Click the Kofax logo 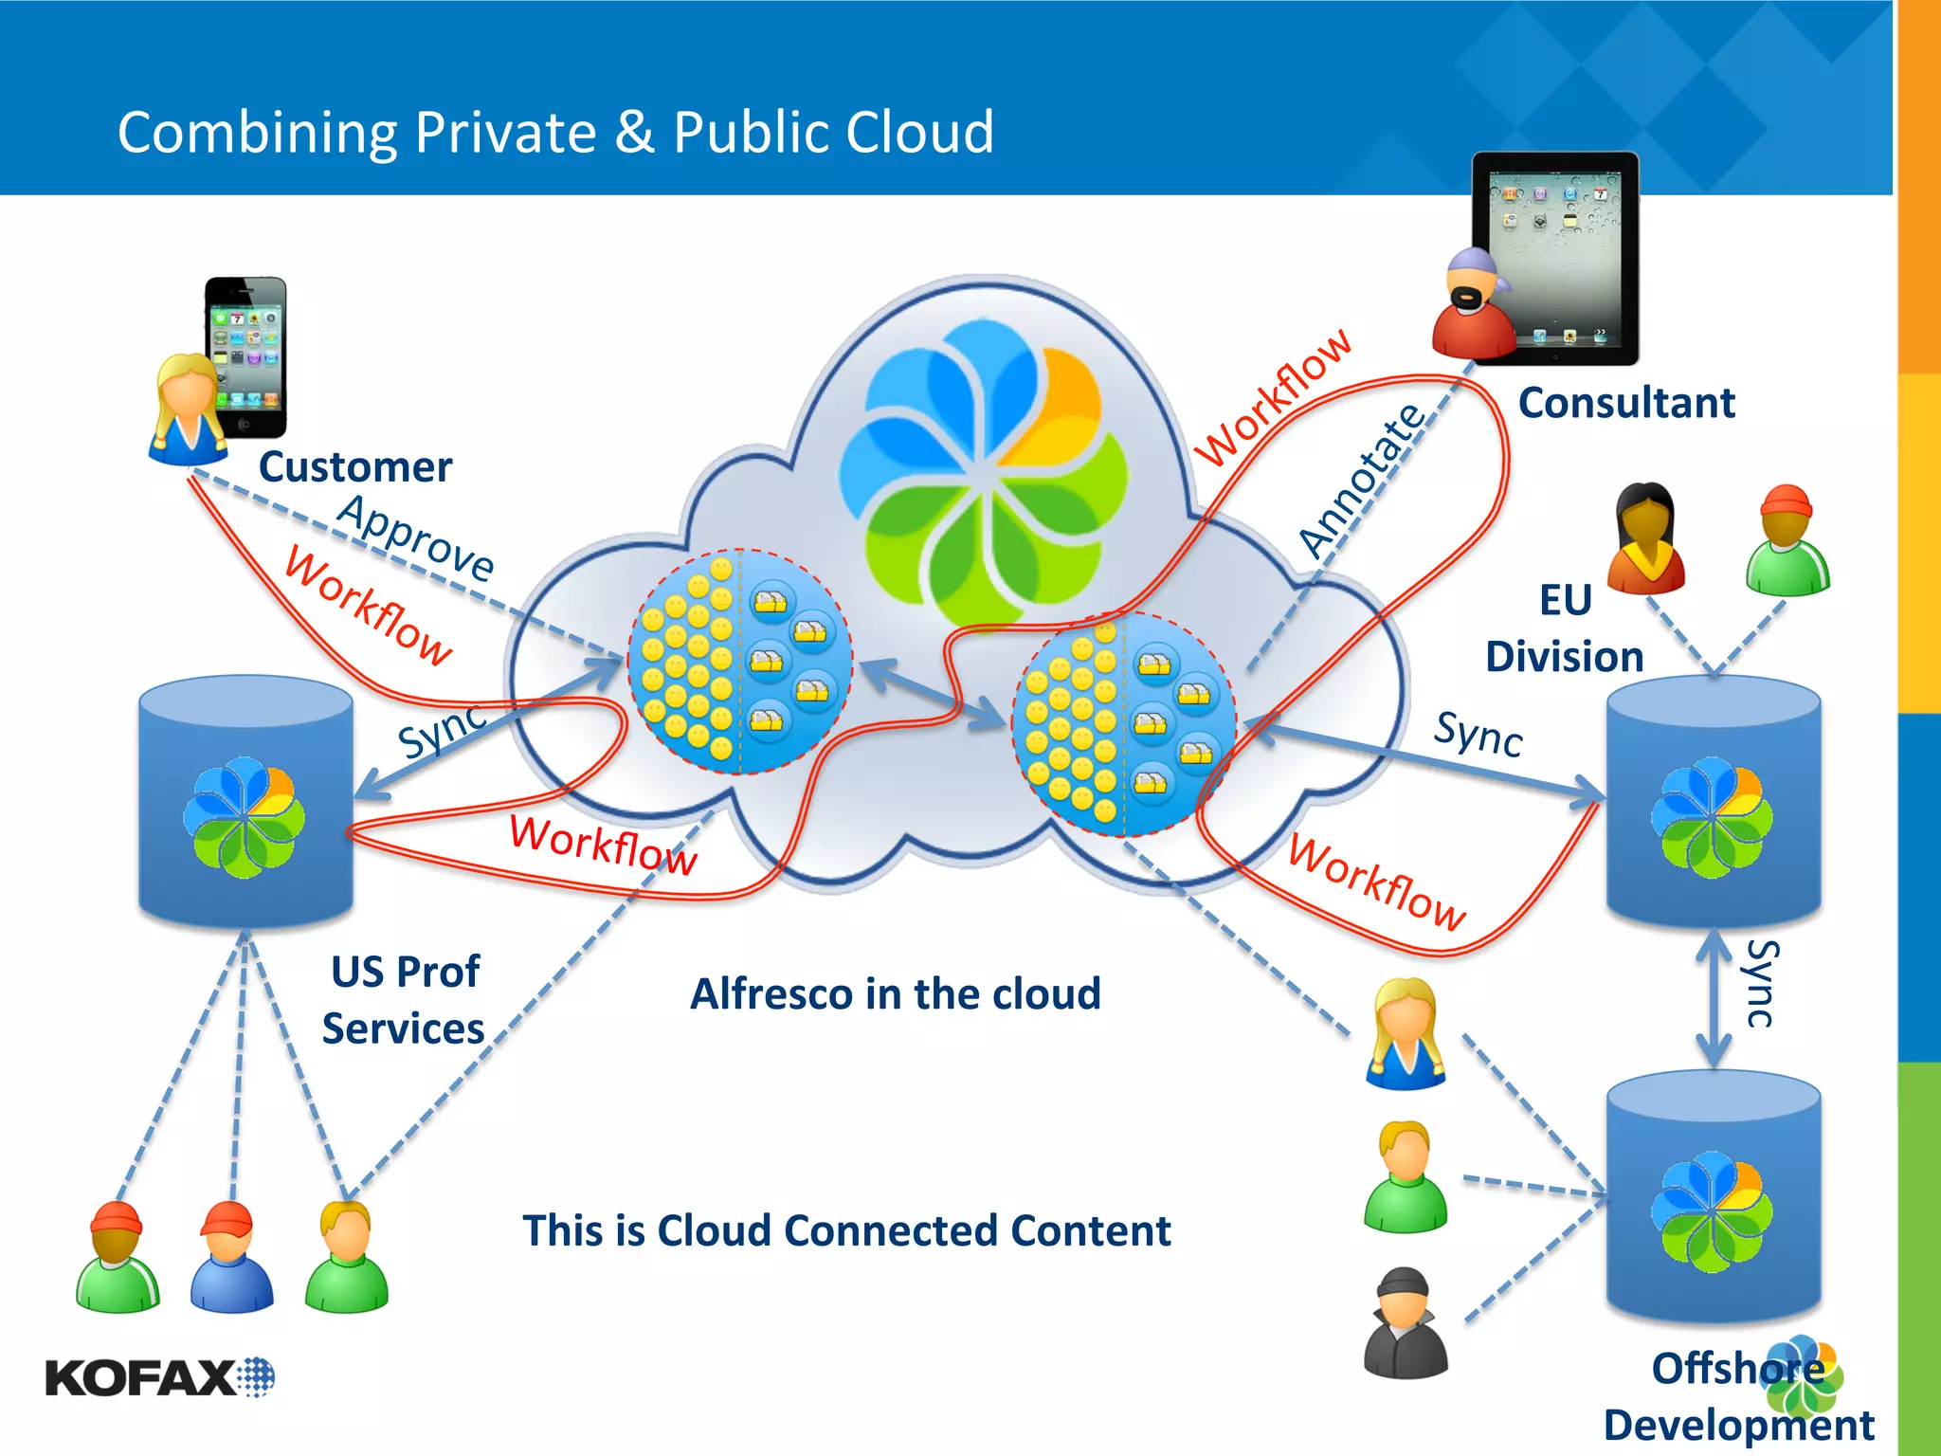159,1377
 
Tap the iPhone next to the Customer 246,355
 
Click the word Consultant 1626,403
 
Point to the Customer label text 355,467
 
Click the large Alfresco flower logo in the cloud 986,474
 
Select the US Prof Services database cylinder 245,801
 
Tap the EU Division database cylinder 1713,801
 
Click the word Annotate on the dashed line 1362,480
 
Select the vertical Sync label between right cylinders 1761,984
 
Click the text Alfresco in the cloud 895,994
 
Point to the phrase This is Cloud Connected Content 846,1231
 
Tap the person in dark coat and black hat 1406,1323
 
